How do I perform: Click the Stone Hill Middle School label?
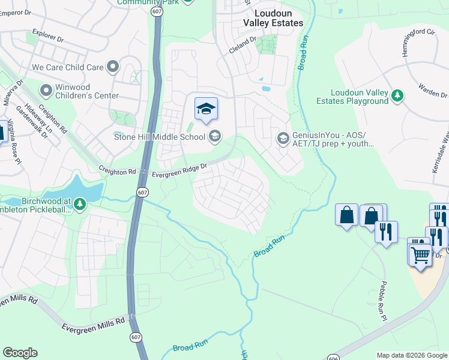pyautogui.click(x=159, y=137)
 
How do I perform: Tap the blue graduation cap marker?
pyautogui.click(x=206, y=109)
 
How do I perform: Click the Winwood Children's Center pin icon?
pyautogui.click(x=46, y=91)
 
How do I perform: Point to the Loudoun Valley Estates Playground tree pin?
pyautogui.click(x=397, y=95)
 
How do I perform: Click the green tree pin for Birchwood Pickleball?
pyautogui.click(x=80, y=205)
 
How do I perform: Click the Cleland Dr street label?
pyautogui.click(x=243, y=46)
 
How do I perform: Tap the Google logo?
pyautogui.click(x=20, y=353)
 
